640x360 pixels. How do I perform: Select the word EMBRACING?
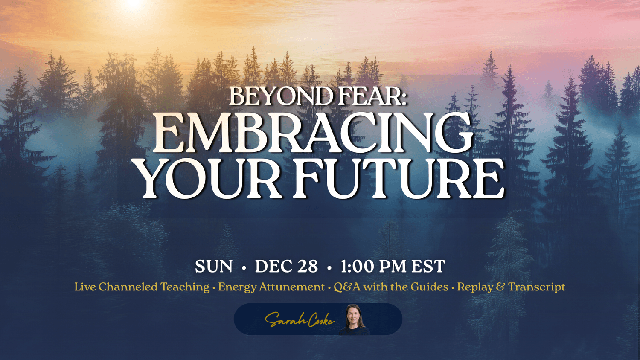coord(313,133)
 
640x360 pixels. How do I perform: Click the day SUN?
coord(214,267)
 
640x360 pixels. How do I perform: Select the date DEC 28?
coord(286,267)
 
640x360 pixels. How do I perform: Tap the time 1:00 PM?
coord(373,267)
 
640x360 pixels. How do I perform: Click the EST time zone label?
coord(428,267)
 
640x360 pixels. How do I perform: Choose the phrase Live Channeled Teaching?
coord(142,287)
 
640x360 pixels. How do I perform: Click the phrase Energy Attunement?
coord(271,287)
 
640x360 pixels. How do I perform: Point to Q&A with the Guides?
coord(391,287)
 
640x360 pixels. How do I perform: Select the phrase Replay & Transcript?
coord(511,287)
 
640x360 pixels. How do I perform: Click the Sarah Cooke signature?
coord(299,320)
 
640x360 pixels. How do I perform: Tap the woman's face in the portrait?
coord(354,315)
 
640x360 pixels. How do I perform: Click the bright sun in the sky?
coord(134,3)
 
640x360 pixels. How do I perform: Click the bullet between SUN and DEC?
coord(244,268)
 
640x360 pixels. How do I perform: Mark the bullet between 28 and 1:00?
coord(329,268)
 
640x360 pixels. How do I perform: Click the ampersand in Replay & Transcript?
coord(500,287)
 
